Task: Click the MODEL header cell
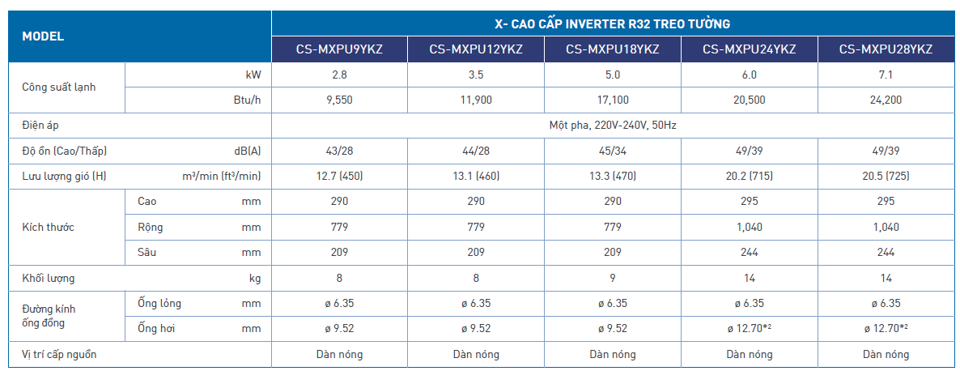click(43, 36)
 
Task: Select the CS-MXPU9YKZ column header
click(339, 49)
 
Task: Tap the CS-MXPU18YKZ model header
click(613, 49)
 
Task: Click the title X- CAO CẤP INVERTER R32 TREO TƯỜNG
click(613, 24)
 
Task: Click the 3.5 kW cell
click(476, 75)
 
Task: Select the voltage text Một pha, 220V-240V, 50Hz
click(613, 126)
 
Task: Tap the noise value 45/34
click(613, 151)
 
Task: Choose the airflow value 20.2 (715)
click(749, 177)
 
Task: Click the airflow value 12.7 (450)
click(339, 177)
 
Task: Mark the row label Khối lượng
click(48, 279)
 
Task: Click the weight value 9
click(613, 279)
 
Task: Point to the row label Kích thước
click(48, 228)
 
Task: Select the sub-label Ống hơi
click(156, 329)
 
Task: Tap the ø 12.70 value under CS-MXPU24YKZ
click(749, 329)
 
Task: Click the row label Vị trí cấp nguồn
click(64, 355)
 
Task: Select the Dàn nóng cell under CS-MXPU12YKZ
click(476, 355)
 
